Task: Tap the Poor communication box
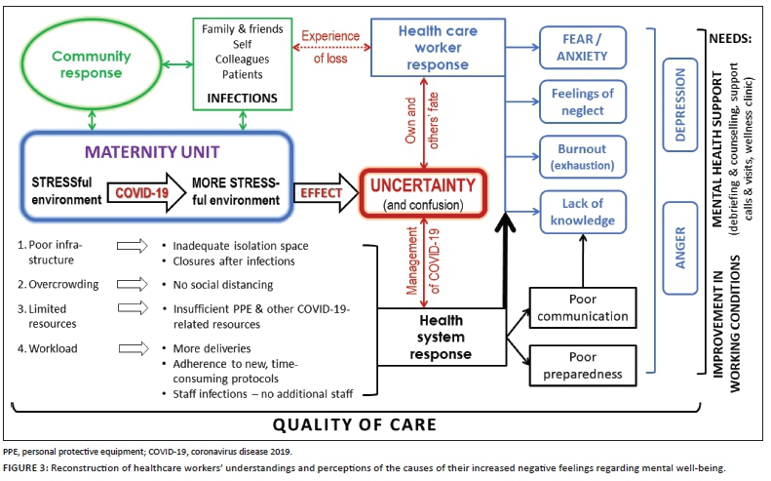click(x=583, y=307)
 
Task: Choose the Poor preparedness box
click(x=583, y=364)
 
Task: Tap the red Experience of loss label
click(x=332, y=46)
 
